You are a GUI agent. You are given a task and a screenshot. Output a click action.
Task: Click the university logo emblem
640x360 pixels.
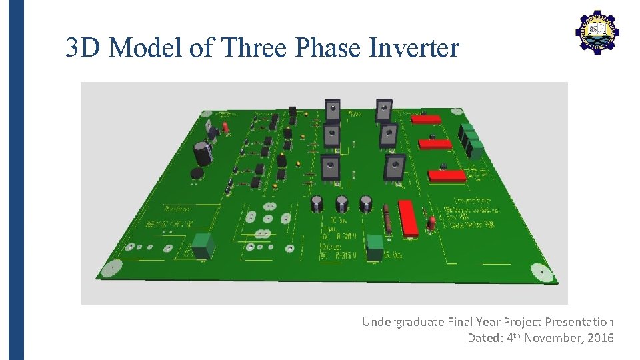[597, 32]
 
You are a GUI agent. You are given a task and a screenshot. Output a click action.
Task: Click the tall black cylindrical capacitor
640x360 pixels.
[203, 153]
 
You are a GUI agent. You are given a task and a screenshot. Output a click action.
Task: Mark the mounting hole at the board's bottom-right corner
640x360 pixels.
[539, 271]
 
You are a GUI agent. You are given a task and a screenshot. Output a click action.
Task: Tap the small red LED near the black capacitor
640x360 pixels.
[225, 127]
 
